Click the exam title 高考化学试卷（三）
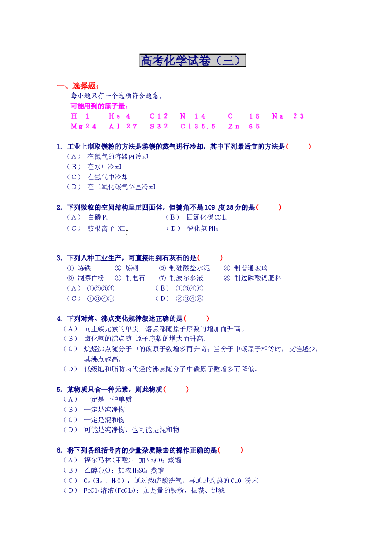tap(192, 60)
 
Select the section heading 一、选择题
tap(77, 85)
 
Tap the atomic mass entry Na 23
tap(288, 116)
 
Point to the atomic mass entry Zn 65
tap(244, 127)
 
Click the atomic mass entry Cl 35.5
tap(198, 127)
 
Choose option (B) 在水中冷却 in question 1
tap(94, 167)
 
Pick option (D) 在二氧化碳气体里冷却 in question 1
tap(111, 187)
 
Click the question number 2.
tap(60, 207)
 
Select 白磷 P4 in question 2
tap(98, 218)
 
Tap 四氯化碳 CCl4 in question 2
tap(207, 218)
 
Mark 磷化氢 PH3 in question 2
tap(202, 228)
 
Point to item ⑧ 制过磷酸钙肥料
tap(253, 278)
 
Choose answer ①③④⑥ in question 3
tap(189, 288)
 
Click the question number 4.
tap(60, 319)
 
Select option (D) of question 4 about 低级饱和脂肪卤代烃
tap(161, 369)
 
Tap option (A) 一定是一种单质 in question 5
tap(98, 399)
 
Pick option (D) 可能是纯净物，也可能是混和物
tap(121, 430)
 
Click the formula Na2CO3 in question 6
tap(155, 461)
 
